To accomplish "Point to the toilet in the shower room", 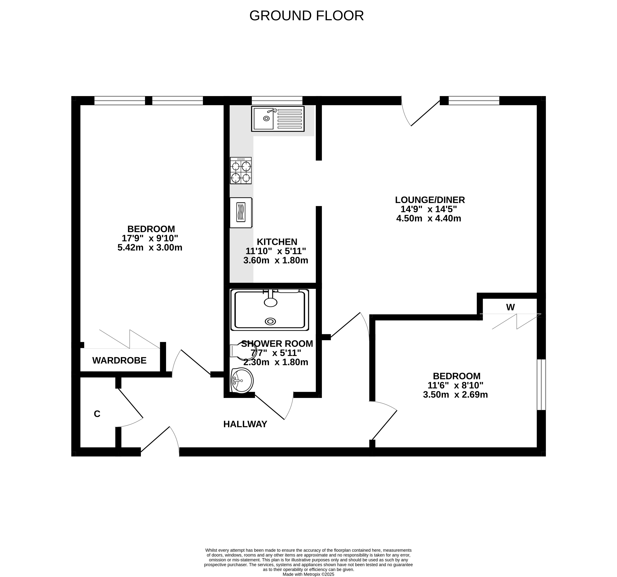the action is click(241, 351).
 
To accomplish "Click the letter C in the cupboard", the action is click(97, 414).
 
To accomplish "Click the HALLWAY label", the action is click(245, 424).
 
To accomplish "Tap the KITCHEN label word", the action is click(277, 242).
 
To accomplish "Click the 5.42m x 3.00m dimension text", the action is click(150, 247).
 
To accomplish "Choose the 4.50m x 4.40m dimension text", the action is click(429, 218).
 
